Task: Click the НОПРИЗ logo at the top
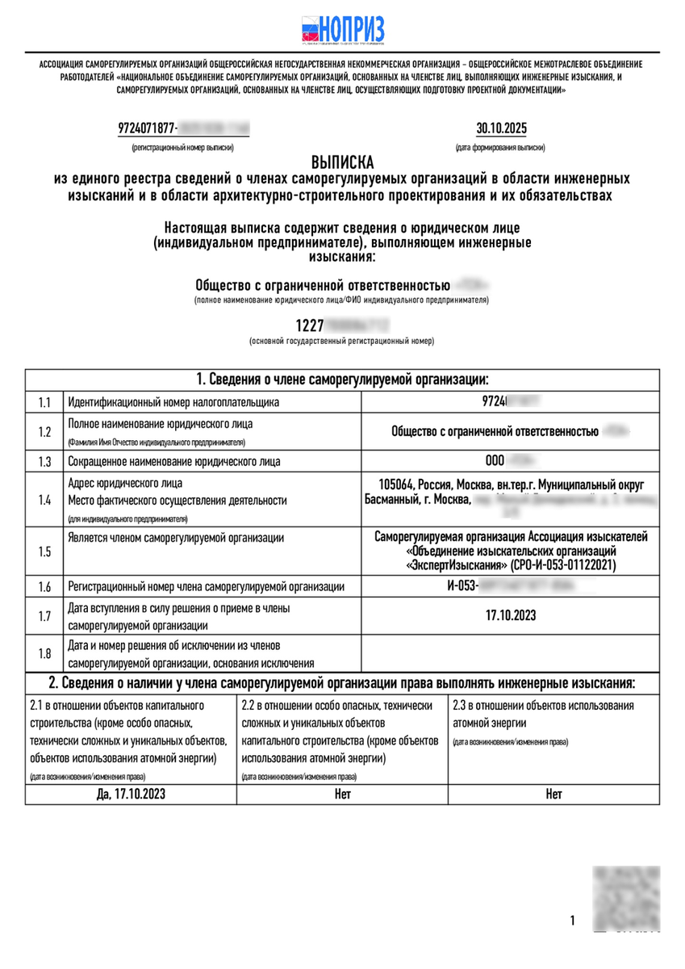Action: click(342, 29)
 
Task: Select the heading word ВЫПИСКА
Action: click(342, 162)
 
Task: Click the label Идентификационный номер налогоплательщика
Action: click(173, 401)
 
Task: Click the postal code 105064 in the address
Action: click(395, 484)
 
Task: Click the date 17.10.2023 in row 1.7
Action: click(511, 615)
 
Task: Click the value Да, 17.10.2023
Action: click(131, 794)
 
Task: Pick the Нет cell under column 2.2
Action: click(342, 794)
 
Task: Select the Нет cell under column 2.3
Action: click(553, 794)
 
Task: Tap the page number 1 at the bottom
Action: click(572, 920)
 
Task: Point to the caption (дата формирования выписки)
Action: click(499, 149)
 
